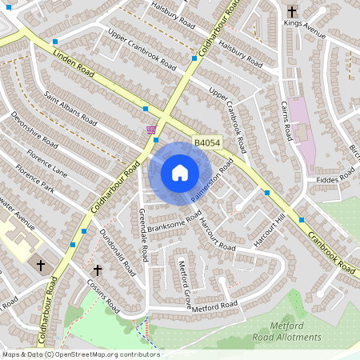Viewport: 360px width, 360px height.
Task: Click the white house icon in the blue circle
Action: [180, 172]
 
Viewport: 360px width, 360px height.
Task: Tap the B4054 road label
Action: [207, 143]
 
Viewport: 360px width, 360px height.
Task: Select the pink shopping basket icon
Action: [150, 130]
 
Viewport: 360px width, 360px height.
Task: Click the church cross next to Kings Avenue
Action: [292, 12]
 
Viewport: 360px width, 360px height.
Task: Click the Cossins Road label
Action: [103, 296]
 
